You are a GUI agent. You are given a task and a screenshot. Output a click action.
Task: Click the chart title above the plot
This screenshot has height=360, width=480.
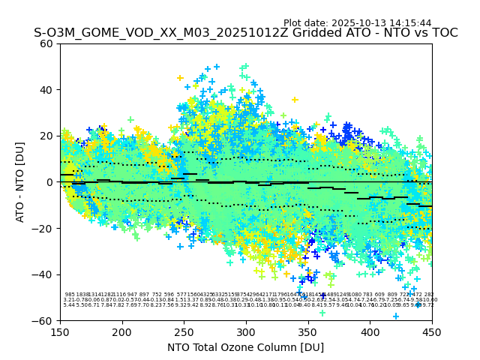point(245,34)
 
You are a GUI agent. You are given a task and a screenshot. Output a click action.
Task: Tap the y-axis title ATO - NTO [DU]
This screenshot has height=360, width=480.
point(21,182)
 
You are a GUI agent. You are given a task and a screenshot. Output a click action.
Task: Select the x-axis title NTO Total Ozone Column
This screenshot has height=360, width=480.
point(245,347)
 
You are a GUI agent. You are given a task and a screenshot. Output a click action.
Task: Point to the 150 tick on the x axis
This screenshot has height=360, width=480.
point(60,331)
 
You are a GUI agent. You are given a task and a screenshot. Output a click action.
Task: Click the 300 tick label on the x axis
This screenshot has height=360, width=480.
point(246,331)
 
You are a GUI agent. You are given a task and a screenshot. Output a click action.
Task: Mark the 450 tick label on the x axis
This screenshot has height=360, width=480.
point(431,331)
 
